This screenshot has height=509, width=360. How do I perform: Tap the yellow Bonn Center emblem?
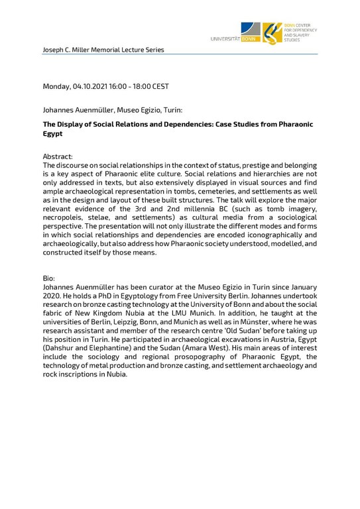273,33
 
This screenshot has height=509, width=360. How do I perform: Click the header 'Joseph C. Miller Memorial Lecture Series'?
103,50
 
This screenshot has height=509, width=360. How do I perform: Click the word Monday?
58,87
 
